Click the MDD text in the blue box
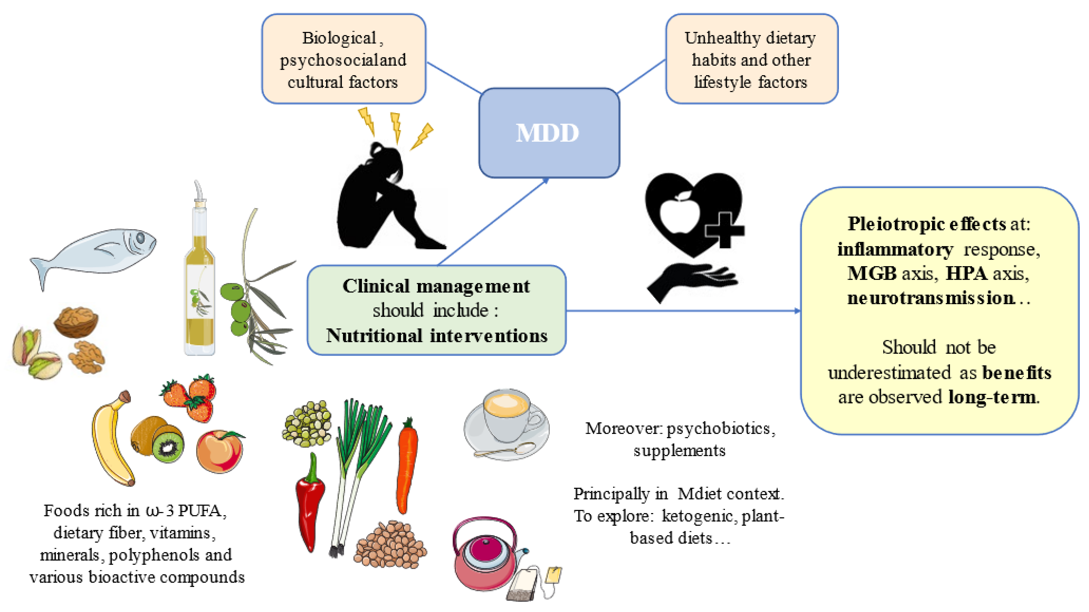coord(547,133)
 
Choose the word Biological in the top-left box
coord(339,38)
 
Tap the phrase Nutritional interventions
coord(437,336)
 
